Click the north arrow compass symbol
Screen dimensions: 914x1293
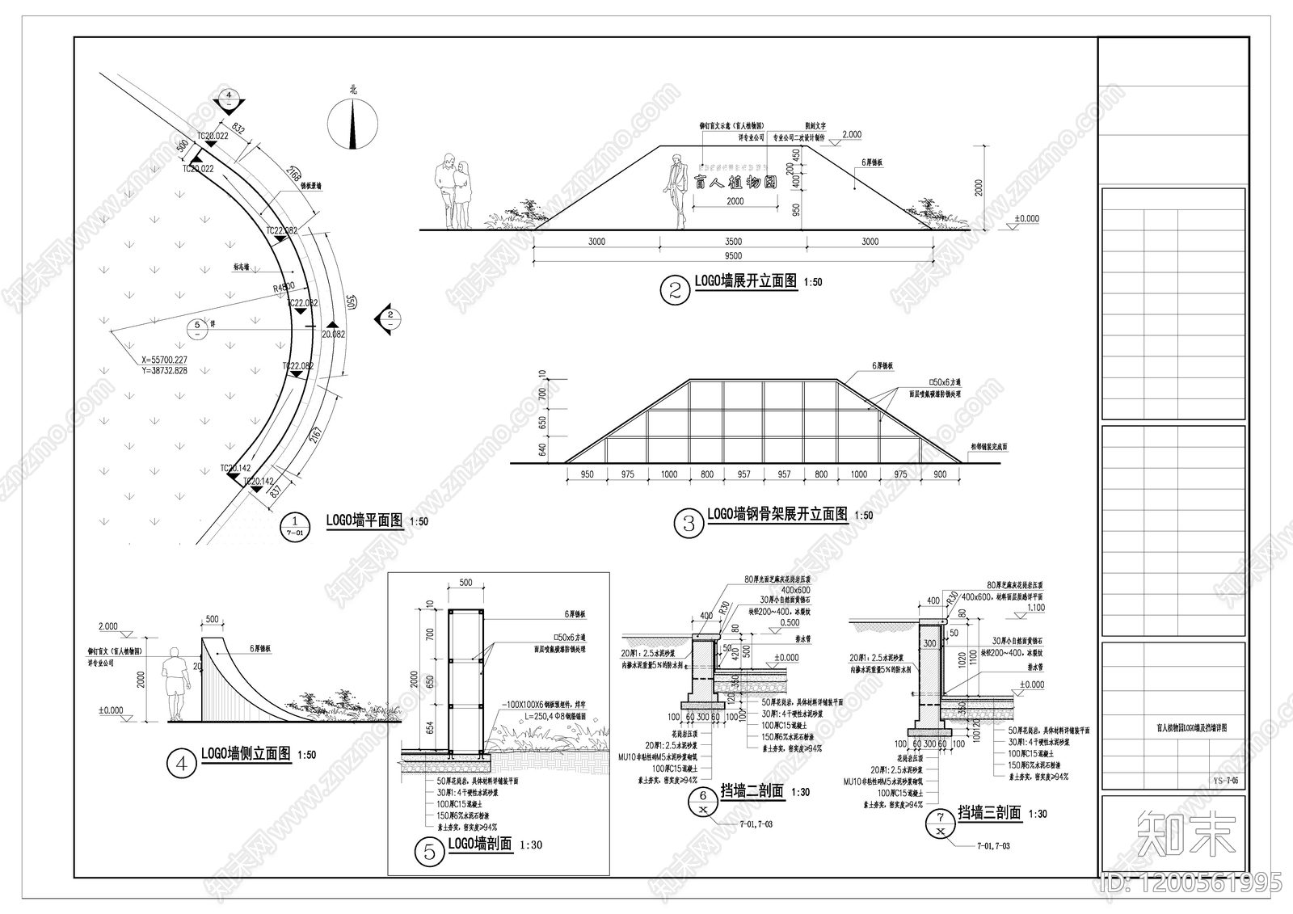point(353,124)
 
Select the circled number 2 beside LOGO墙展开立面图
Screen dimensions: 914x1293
point(676,290)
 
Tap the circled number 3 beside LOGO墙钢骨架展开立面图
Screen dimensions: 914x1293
point(689,523)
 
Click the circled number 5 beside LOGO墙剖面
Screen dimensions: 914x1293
point(429,851)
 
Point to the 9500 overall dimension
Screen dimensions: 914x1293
point(733,256)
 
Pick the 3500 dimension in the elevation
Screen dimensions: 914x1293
point(733,241)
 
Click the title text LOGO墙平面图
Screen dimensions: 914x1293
point(364,520)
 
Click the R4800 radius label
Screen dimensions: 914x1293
point(284,287)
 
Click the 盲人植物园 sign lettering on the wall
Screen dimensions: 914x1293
point(735,183)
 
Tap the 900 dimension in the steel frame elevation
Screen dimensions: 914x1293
point(940,474)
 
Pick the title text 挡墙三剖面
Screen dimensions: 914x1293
point(989,813)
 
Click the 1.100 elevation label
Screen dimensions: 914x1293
point(1035,608)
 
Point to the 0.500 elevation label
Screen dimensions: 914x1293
point(790,622)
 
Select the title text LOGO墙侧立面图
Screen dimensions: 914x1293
point(246,754)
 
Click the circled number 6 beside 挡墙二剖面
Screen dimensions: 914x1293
point(702,802)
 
